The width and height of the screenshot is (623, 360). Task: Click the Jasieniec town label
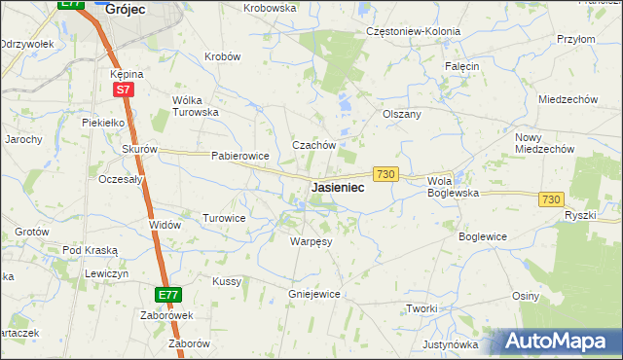[x=338, y=188]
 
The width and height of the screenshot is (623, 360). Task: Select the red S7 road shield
[x=123, y=90]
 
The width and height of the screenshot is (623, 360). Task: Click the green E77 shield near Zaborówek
[x=167, y=294]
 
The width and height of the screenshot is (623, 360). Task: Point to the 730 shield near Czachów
[x=385, y=173]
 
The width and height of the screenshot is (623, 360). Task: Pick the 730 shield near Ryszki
[x=551, y=198]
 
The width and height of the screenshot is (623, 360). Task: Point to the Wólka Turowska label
[x=195, y=105]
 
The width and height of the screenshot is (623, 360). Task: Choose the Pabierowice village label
[x=239, y=156]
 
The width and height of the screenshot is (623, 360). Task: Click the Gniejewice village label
[x=313, y=293]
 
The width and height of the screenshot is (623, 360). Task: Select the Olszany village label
[x=402, y=114]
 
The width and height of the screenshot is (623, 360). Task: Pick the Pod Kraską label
[x=91, y=250]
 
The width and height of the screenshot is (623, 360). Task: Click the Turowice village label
[x=224, y=218]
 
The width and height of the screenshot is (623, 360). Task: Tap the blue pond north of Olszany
[x=343, y=100]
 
